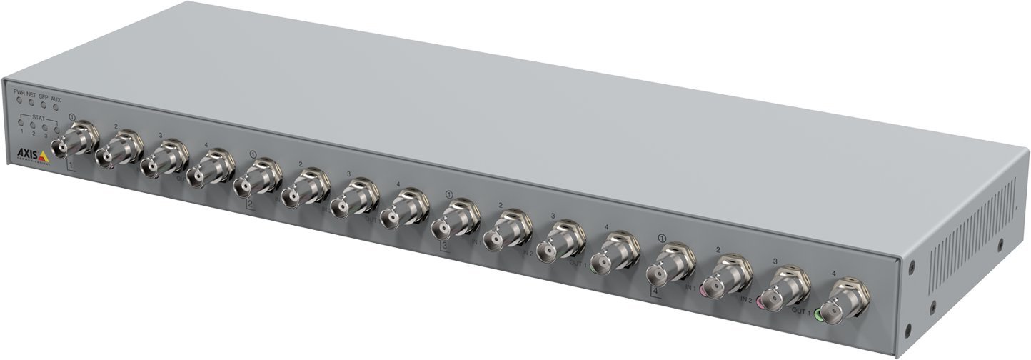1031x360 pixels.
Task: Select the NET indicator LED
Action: tap(31, 104)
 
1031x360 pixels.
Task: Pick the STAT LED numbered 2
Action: tap(33, 125)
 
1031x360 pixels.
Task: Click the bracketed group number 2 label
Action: tap(250, 204)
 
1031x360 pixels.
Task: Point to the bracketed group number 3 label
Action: tap(444, 246)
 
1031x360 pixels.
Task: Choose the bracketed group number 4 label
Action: tap(654, 290)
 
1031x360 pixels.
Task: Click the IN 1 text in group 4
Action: tap(690, 287)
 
